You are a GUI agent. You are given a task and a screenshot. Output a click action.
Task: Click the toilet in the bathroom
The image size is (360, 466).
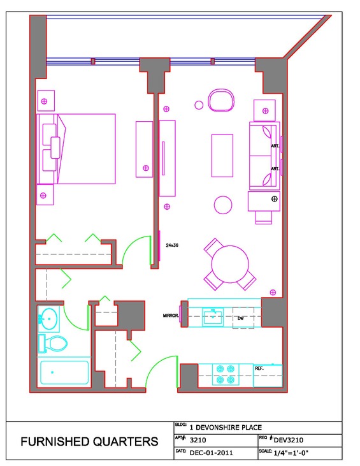[x=53, y=344]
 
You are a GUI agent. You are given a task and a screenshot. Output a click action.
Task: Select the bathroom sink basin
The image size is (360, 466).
[x=49, y=319]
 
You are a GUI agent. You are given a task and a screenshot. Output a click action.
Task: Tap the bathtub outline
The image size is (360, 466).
[x=64, y=372]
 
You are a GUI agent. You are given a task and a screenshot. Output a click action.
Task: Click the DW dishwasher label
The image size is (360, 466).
[x=241, y=318]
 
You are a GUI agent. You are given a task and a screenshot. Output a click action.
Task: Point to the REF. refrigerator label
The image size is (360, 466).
[x=259, y=368]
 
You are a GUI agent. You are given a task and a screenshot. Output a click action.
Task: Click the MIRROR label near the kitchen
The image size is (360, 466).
[x=171, y=316]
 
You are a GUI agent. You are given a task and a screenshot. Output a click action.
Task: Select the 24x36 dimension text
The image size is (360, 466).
[x=172, y=245]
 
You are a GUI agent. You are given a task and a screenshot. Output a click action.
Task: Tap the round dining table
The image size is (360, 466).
[x=230, y=264]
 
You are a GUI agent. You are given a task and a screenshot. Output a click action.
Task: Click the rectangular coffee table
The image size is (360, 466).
[x=222, y=156]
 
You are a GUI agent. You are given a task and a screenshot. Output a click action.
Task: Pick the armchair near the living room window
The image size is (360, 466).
[x=221, y=100]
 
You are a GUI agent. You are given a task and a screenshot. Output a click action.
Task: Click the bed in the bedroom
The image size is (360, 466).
[x=76, y=149]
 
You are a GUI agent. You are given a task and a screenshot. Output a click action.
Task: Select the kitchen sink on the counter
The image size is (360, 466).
[x=213, y=317]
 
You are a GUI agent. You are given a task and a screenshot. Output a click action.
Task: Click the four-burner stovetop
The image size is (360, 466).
[x=226, y=374]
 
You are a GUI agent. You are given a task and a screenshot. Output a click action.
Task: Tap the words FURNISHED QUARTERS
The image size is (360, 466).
[x=89, y=442]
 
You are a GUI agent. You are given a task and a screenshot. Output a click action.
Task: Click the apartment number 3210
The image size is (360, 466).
[x=198, y=440]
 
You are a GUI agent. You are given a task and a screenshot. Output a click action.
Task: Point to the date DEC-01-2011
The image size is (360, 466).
[x=211, y=453]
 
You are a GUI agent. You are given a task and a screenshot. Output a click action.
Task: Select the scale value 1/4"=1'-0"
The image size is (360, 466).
[x=291, y=453]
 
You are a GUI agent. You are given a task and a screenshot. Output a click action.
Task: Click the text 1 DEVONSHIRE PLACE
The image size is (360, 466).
[x=226, y=428]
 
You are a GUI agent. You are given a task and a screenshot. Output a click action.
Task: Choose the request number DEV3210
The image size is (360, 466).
[x=289, y=440]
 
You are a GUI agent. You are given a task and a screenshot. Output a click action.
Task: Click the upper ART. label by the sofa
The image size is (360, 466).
[x=275, y=146]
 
